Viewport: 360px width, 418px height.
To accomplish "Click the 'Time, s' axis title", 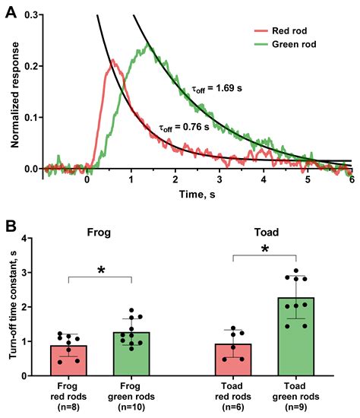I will point(190,195).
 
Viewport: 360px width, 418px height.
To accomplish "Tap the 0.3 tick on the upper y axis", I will point(33,6).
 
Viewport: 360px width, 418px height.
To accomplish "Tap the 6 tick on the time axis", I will point(352,179).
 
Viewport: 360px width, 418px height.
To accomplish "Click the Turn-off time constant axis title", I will point(13,306).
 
